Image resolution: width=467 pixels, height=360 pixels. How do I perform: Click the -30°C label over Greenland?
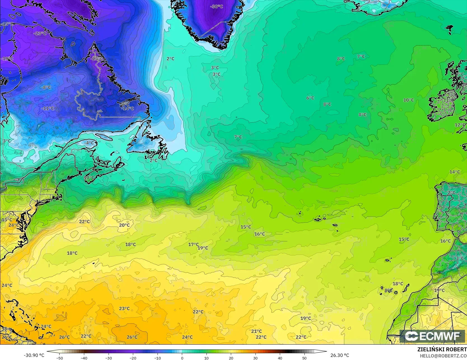(x=217, y=6)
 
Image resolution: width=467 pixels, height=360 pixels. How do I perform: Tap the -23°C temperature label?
(x=40, y=33)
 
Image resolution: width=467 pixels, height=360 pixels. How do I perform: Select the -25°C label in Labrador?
(x=97, y=59)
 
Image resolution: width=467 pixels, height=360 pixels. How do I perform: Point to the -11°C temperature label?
(x=48, y=109)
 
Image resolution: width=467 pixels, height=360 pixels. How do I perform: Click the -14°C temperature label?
(x=128, y=109)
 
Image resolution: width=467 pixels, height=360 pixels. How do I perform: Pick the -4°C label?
(x=89, y=143)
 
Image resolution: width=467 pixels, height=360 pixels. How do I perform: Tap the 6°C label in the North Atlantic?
(x=310, y=98)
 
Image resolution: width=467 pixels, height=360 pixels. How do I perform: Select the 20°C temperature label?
(x=124, y=225)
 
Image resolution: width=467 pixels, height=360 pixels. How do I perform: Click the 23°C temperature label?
(x=124, y=309)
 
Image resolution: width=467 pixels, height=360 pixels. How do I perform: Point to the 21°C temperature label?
(x=256, y=331)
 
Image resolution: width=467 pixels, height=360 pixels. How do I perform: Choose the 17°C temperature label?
(x=193, y=244)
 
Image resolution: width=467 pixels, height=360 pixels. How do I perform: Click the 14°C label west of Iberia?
(x=455, y=172)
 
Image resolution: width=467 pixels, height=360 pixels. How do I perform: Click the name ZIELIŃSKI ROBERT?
(x=442, y=349)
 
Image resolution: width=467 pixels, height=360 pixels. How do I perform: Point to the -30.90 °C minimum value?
(x=34, y=355)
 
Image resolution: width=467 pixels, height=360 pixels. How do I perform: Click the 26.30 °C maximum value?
(x=340, y=355)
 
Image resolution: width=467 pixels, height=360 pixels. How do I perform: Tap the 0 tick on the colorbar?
(x=182, y=358)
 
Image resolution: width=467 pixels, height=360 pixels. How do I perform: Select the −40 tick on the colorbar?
(x=84, y=358)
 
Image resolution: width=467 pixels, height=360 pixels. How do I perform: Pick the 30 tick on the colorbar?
(x=255, y=358)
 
